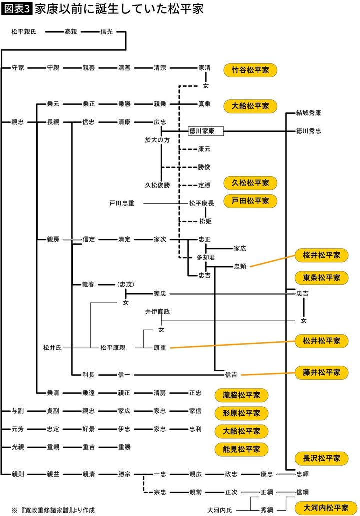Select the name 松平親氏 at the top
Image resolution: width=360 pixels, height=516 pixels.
click(24, 32)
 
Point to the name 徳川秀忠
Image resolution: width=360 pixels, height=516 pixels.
click(308, 131)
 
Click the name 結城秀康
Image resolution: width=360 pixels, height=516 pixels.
click(308, 113)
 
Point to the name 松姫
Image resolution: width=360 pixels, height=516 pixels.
click(205, 221)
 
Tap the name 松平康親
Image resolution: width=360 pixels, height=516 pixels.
click(113, 347)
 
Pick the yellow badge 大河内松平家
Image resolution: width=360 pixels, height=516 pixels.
click(326, 507)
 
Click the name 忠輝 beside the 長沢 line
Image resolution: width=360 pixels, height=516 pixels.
click(302, 473)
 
